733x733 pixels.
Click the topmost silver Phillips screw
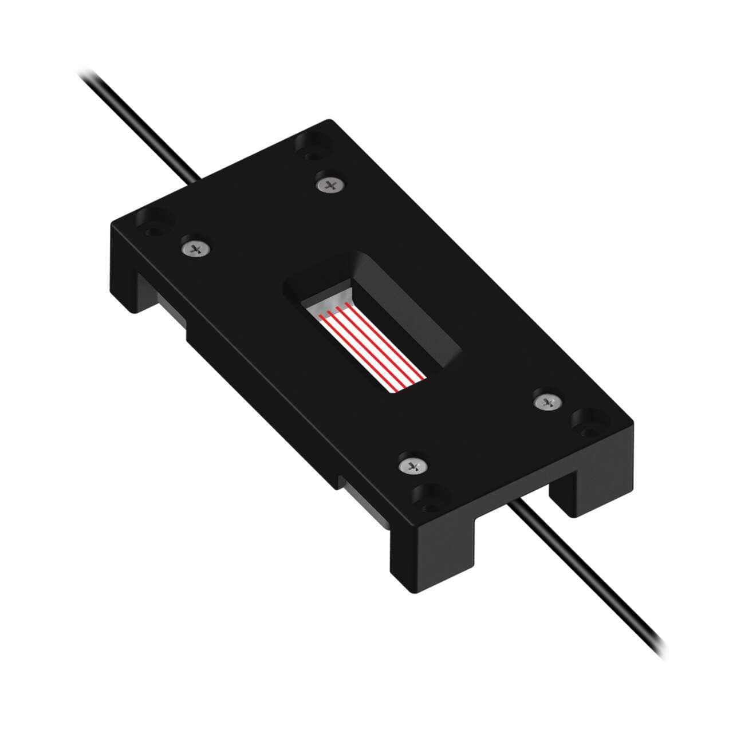(x=330, y=184)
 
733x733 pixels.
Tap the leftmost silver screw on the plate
(x=195, y=249)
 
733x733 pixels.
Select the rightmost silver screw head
(x=546, y=402)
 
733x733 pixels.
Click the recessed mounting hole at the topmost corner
(x=311, y=145)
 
